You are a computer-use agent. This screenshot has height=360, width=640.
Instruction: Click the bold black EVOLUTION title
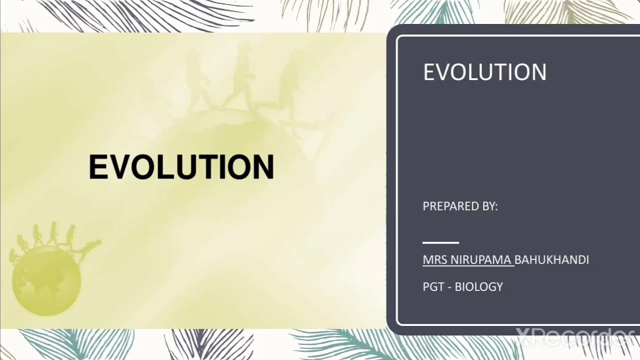[181, 167]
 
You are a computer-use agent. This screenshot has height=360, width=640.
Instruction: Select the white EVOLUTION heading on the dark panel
[484, 72]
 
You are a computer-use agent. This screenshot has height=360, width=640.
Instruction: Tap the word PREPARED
[447, 206]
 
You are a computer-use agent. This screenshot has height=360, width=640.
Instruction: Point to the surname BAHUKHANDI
[551, 260]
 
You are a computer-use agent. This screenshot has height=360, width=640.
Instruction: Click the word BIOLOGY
[478, 287]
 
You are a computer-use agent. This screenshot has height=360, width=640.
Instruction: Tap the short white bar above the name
[440, 242]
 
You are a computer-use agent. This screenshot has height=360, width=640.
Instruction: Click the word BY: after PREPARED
[489, 206]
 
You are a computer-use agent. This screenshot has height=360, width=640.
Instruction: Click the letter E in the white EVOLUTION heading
[429, 72]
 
